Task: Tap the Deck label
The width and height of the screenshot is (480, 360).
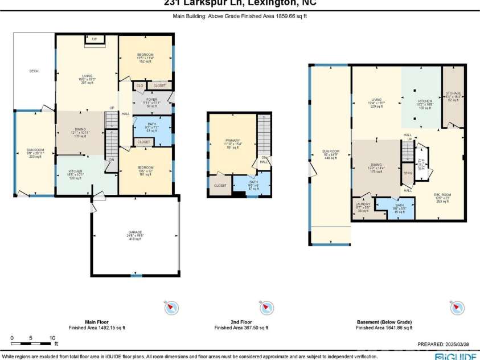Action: click(x=34, y=71)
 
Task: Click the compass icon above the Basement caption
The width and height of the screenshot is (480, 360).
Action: click(x=455, y=308)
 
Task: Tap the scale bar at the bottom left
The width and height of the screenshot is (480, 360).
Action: click(x=33, y=343)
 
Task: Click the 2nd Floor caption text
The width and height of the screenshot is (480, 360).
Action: click(x=231, y=322)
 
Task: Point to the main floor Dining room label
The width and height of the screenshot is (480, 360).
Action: click(x=80, y=131)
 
